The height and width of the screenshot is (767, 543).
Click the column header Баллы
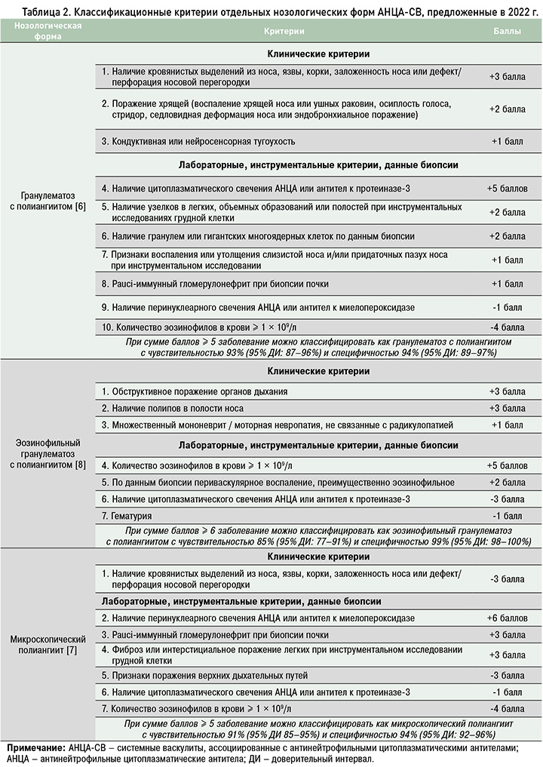coord(507,32)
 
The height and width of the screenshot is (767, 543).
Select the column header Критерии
coord(284,32)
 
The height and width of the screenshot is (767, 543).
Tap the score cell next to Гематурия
coord(507,516)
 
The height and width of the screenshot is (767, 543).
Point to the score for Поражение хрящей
coord(507,109)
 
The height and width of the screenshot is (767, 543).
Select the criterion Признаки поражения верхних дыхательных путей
coord(204,674)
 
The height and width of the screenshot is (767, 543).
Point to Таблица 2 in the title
coord(37,8)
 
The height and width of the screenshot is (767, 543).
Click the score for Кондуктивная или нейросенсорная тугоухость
coord(507,141)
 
